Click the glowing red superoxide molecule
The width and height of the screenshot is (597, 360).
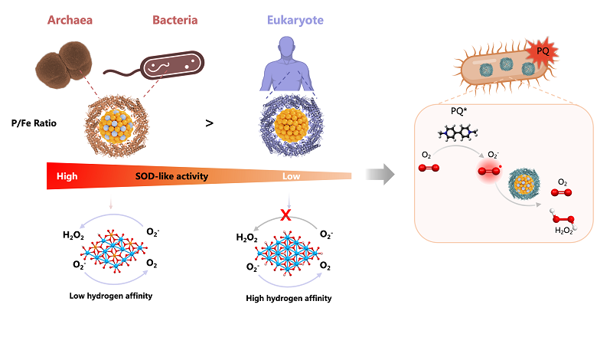pyautogui.click(x=488, y=171)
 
